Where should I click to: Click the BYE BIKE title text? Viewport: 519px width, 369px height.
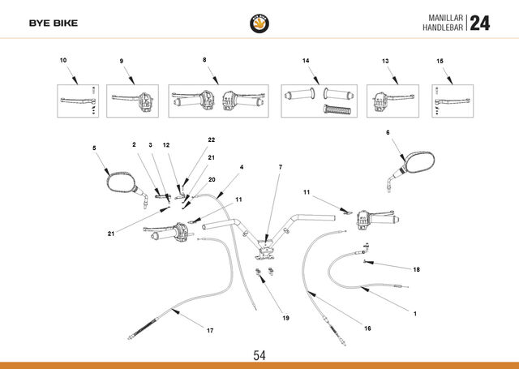(54, 24)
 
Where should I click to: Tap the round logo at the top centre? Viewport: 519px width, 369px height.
(259, 24)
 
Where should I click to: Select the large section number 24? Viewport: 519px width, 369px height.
(479, 24)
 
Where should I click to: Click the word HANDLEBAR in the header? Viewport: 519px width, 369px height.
(443, 28)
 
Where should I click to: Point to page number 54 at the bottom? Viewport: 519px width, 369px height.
(259, 355)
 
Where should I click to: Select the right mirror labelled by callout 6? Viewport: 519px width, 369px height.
(411, 170)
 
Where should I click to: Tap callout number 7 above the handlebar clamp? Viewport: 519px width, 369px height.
(281, 167)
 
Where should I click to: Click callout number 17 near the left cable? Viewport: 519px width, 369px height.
(210, 330)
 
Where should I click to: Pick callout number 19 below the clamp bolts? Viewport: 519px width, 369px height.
(285, 318)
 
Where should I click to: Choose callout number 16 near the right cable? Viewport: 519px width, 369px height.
(367, 328)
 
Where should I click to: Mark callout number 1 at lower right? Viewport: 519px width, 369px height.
(415, 314)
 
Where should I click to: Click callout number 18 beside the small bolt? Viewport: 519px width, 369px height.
(416, 270)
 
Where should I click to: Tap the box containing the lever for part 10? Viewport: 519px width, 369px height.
(78, 101)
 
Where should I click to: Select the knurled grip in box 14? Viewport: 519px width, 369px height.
(337, 109)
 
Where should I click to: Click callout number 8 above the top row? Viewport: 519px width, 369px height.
(204, 60)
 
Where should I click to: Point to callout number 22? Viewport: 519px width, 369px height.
(211, 139)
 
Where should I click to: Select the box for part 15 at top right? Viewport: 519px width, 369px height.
(453, 101)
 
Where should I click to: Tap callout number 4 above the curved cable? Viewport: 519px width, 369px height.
(242, 167)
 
